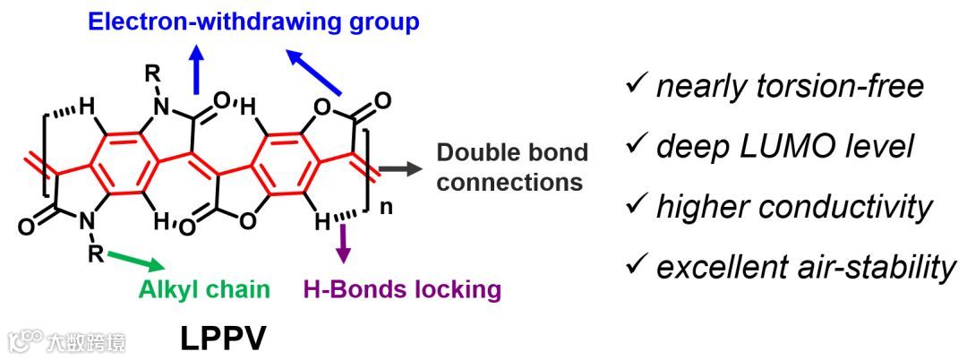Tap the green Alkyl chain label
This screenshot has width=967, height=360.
203,289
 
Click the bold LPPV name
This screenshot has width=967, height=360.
222,339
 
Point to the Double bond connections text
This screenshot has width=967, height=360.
512,167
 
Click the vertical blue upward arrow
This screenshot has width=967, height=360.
196,66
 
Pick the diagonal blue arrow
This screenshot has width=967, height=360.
313,69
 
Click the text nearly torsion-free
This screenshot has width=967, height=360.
789,86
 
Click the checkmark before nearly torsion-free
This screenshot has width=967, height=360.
637,85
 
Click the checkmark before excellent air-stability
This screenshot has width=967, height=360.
637,266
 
